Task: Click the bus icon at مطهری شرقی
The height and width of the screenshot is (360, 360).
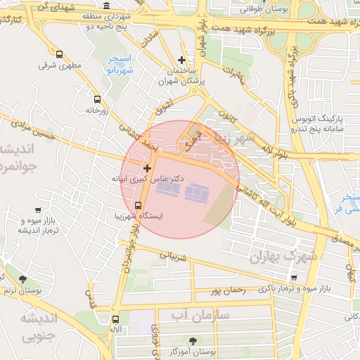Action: (x=59, y=54)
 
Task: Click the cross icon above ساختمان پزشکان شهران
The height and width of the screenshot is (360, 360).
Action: (x=182, y=60)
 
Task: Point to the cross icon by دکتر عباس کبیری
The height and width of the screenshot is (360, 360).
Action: (x=147, y=168)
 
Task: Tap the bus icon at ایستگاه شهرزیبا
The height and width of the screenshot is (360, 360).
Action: (x=117, y=205)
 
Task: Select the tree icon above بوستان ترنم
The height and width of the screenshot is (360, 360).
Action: (x=22, y=279)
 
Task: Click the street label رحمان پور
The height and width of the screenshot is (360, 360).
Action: (x=227, y=290)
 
